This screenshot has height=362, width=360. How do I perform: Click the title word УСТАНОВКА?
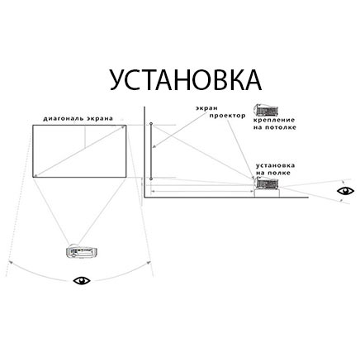click(186, 79)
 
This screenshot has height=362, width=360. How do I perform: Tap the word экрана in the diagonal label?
click(100, 119)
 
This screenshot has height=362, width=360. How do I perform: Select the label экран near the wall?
click(206, 108)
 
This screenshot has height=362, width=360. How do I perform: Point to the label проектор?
click(227, 116)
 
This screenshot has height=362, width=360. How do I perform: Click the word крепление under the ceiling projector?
click(274, 121)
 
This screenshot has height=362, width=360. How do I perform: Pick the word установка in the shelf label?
click(276, 165)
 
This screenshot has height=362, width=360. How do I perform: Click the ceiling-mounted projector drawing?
click(266, 110)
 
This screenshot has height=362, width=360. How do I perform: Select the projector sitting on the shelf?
click(267, 183)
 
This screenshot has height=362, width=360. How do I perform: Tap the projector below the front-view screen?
click(82, 251)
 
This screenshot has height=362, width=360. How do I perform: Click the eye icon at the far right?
click(346, 191)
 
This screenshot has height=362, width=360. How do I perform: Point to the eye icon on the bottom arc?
click(82, 280)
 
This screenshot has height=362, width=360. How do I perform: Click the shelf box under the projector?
click(267, 193)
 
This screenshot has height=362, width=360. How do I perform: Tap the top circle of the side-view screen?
click(151, 123)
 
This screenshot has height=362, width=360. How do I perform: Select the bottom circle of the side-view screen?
click(151, 179)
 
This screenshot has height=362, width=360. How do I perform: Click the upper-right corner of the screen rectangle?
click(126, 126)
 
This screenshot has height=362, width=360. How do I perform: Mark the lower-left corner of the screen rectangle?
click(33, 177)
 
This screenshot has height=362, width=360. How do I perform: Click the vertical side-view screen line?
click(151, 151)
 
